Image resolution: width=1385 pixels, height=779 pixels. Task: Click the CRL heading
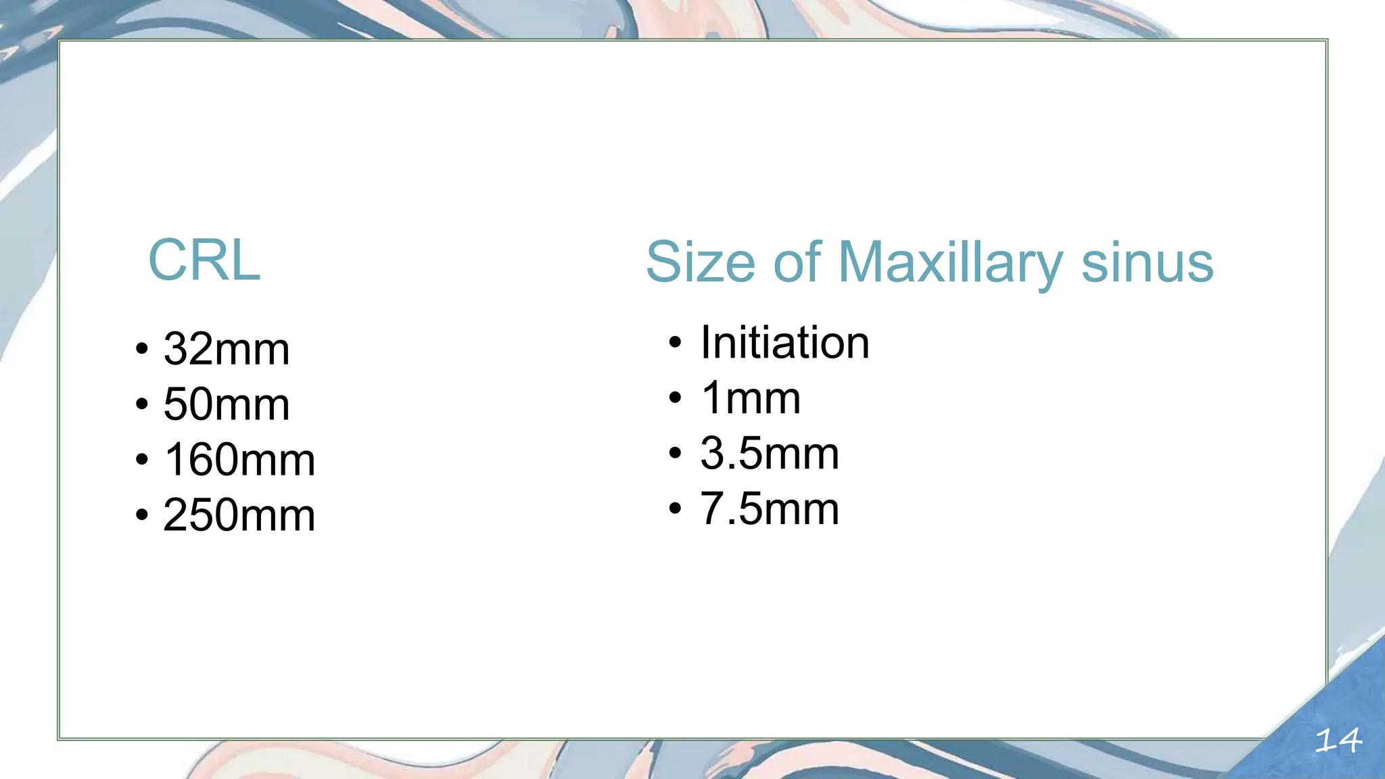[x=204, y=260]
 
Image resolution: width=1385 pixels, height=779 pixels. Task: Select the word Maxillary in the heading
[x=950, y=264]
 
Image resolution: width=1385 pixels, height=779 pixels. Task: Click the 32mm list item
[x=227, y=349]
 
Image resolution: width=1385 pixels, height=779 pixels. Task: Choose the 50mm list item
[x=227, y=404]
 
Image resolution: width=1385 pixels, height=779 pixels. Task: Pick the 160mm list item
[x=239, y=460]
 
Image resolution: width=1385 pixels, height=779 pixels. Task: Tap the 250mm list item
[x=239, y=515]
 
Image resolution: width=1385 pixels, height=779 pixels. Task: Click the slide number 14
[x=1338, y=741]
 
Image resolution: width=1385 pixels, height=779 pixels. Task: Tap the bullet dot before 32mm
[x=141, y=350]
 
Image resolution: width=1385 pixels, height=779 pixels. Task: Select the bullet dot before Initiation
[x=675, y=343]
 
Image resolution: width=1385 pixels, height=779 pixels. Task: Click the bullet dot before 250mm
[x=141, y=516]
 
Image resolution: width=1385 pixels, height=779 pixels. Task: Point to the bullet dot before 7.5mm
[x=675, y=509]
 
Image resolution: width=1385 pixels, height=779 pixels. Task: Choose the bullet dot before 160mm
[x=141, y=461]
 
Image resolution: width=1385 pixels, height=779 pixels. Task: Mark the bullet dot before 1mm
[x=675, y=398]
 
